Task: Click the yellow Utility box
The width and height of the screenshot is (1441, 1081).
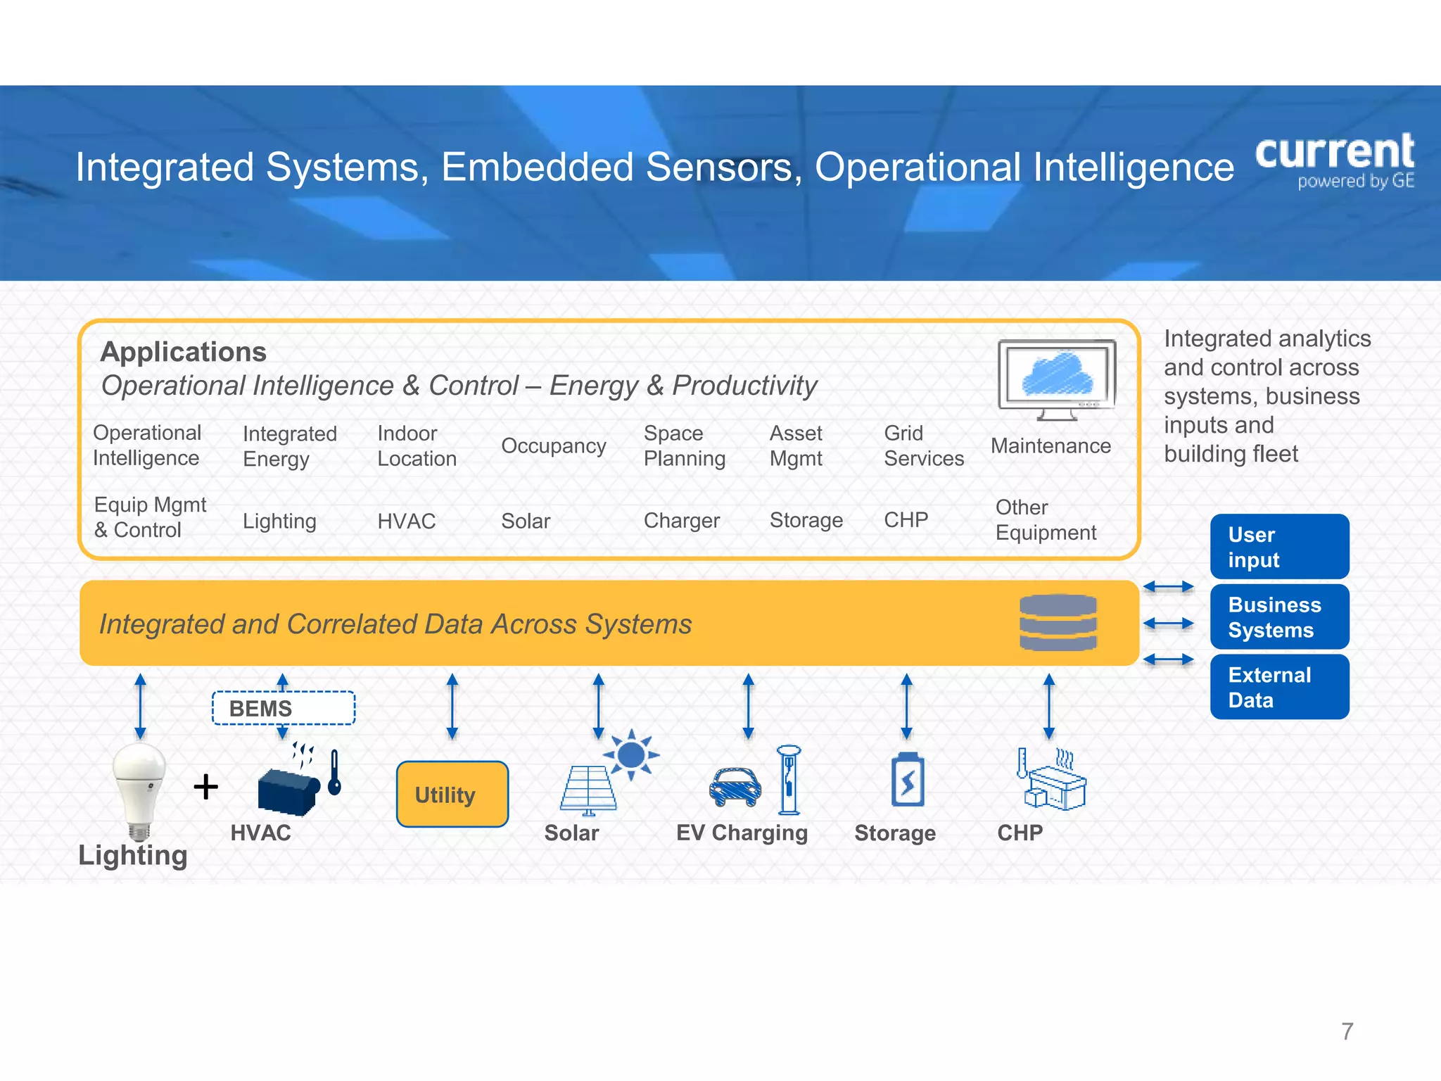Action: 452,794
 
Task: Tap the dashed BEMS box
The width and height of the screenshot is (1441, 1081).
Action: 283,708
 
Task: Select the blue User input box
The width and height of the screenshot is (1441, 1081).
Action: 1279,547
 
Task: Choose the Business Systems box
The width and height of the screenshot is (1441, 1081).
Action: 1279,617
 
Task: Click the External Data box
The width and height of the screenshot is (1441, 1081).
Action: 1279,687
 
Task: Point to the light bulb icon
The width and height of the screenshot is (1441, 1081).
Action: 140,788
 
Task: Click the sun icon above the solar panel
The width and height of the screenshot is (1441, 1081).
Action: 631,754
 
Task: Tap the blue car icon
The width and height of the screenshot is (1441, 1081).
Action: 735,787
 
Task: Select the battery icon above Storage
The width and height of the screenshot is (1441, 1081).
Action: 908,780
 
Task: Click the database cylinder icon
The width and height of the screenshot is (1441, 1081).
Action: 1058,622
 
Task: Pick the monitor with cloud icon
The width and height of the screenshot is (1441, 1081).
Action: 1057,379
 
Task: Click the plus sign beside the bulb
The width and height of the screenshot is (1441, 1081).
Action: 205,786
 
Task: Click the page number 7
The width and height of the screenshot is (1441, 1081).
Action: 1347,1031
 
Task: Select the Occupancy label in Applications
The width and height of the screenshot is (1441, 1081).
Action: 553,445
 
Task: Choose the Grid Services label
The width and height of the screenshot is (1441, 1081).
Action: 923,445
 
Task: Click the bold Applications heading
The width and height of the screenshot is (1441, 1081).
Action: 183,351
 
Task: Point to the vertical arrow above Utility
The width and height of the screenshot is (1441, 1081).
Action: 452,706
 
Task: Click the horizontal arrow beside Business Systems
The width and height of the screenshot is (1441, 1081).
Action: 1168,623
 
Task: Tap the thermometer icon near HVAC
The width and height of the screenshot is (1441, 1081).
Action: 335,773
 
